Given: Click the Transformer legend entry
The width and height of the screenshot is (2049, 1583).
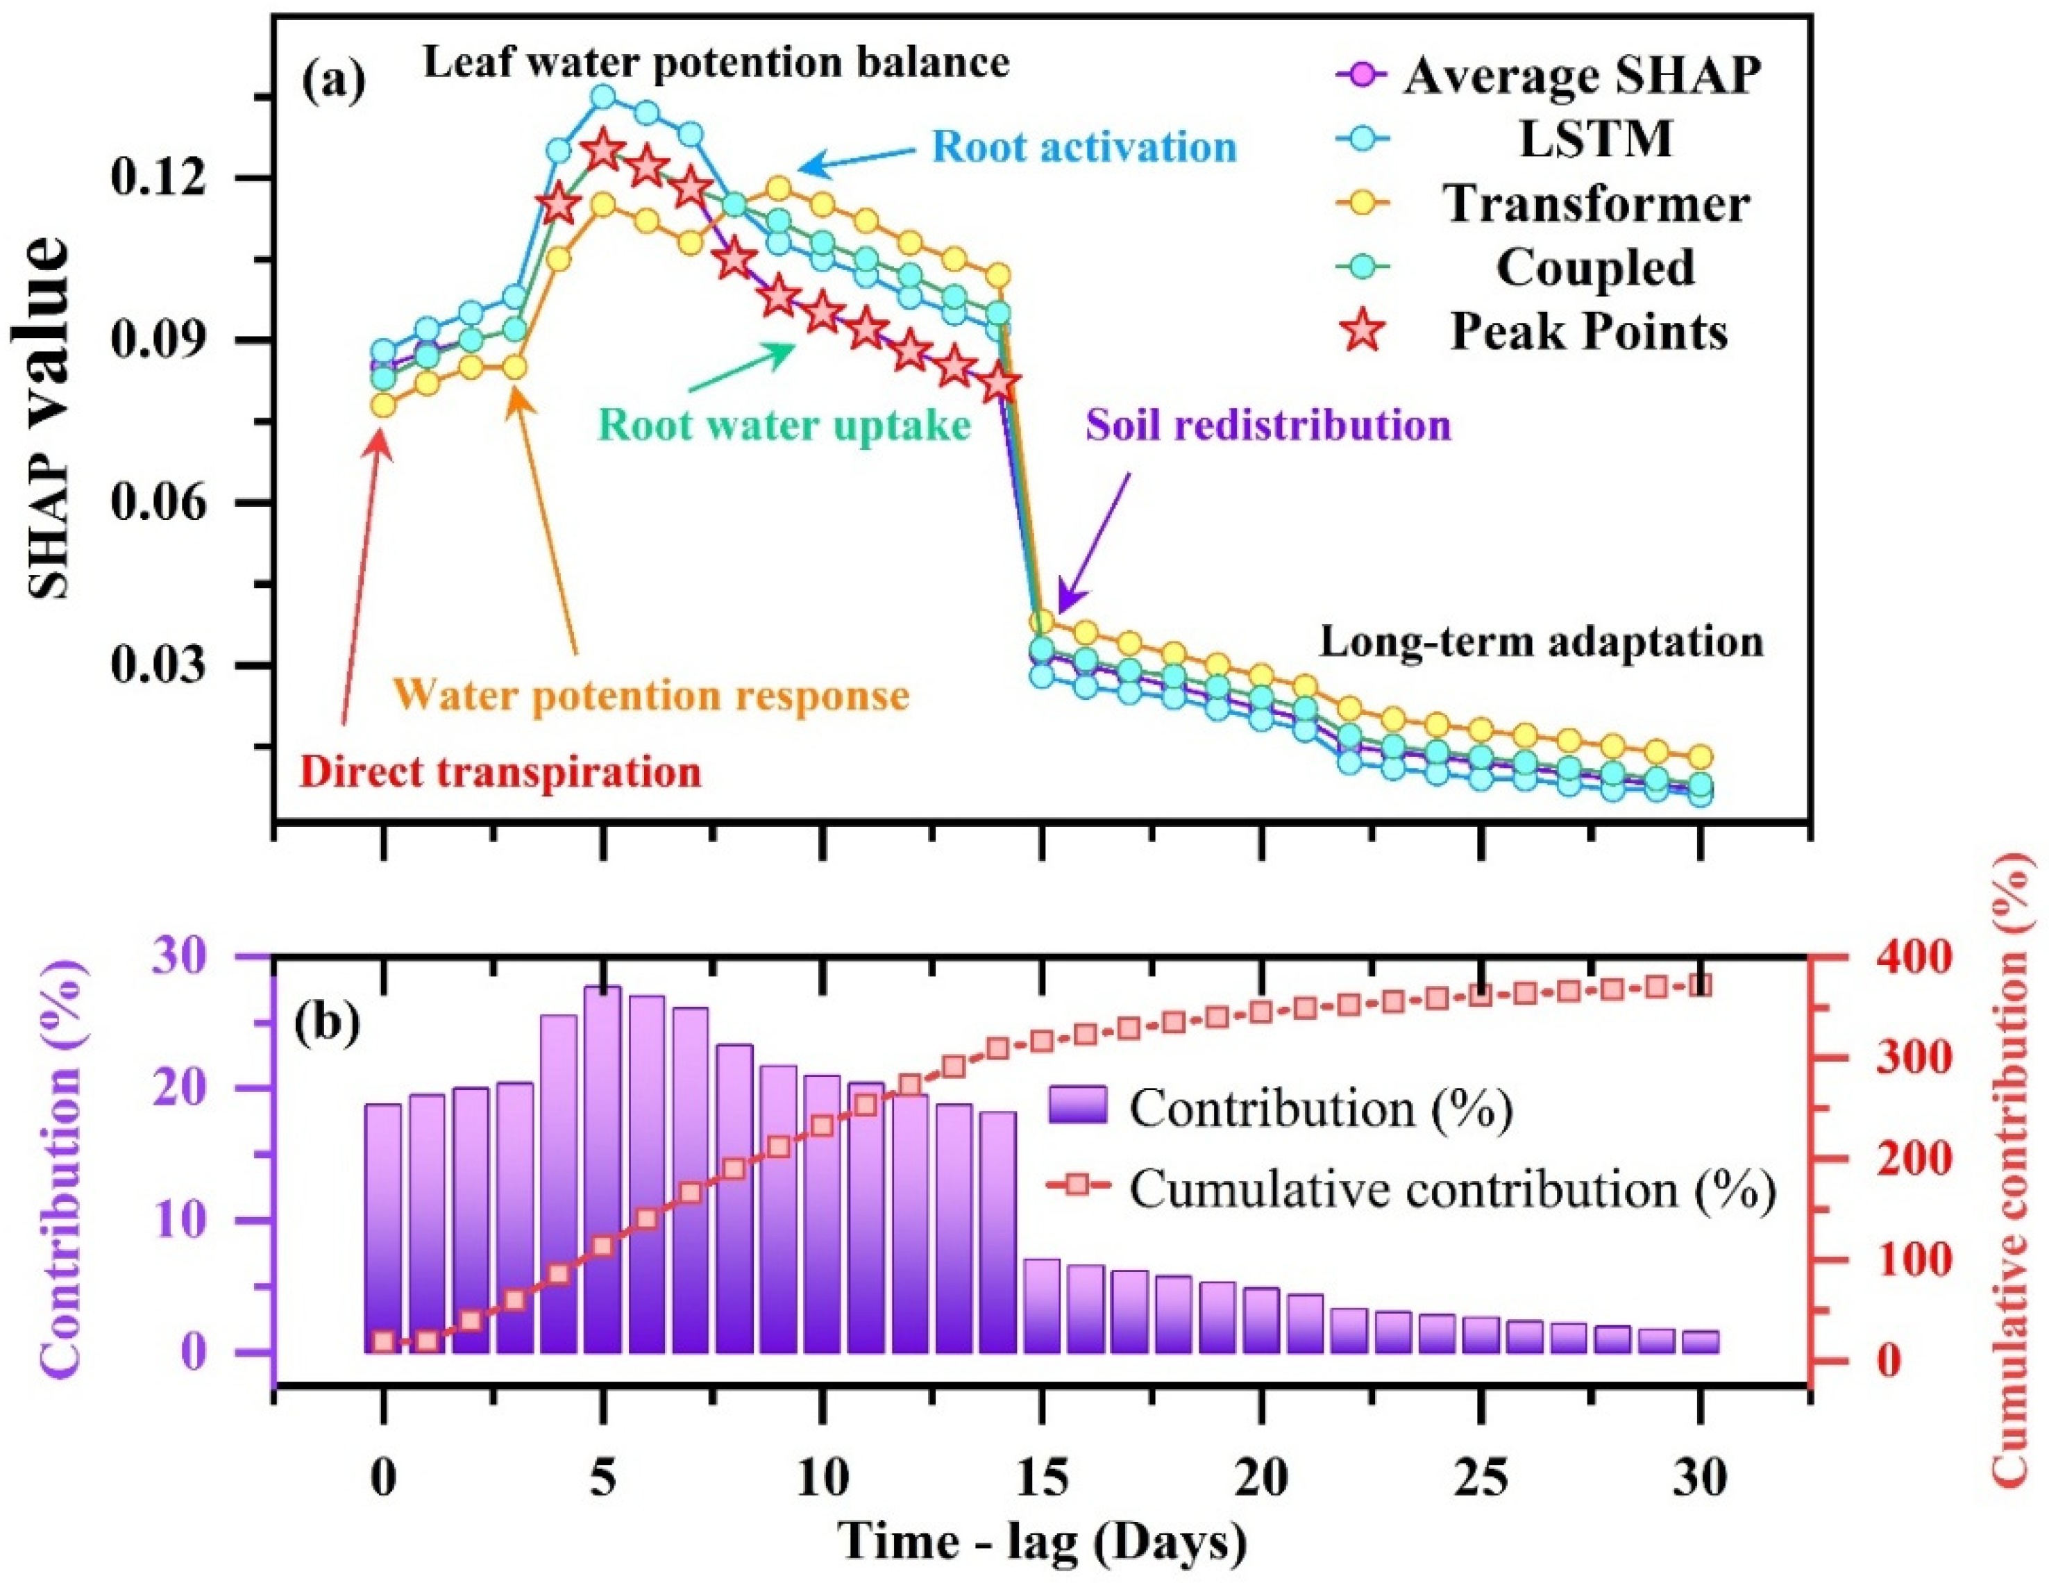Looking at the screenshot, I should point(1595,203).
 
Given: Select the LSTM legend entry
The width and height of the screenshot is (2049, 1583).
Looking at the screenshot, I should point(1595,139).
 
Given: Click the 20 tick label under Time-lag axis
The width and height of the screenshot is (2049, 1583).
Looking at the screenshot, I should point(1262,1480).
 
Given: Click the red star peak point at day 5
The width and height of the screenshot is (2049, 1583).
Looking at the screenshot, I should point(603,150).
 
